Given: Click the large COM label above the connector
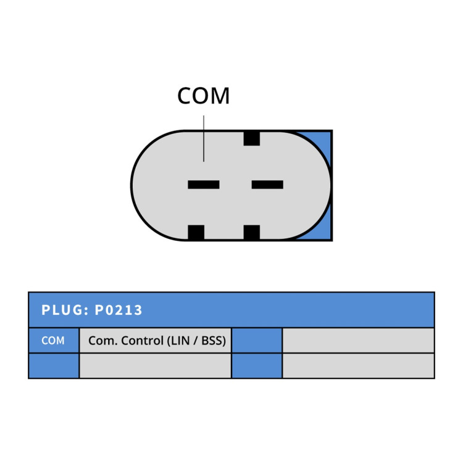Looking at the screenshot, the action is click(x=204, y=96).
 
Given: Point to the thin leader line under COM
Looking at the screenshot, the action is click(x=204, y=138).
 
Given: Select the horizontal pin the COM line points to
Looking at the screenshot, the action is click(x=204, y=185).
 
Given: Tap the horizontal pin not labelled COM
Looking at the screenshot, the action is click(x=267, y=185).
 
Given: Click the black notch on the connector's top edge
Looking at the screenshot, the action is click(x=252, y=138).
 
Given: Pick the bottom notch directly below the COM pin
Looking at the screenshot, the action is click(x=196, y=232).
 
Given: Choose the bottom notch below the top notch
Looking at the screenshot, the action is click(x=252, y=232).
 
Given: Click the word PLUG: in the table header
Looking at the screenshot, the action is click(x=65, y=310).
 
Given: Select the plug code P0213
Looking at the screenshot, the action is click(x=119, y=310).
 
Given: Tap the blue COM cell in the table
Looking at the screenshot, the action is click(x=54, y=340).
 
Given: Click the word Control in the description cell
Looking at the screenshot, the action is click(x=143, y=340).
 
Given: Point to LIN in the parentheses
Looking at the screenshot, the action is click(x=180, y=340).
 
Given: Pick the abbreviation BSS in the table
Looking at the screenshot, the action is click(x=212, y=340).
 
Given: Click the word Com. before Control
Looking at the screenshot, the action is click(x=103, y=341).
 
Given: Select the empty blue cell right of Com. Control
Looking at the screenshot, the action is click(x=257, y=340).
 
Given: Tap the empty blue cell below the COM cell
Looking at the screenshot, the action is click(x=54, y=365).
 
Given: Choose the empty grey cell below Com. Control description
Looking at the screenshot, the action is click(x=156, y=365).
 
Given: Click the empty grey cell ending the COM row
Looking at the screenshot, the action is click(x=359, y=340).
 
